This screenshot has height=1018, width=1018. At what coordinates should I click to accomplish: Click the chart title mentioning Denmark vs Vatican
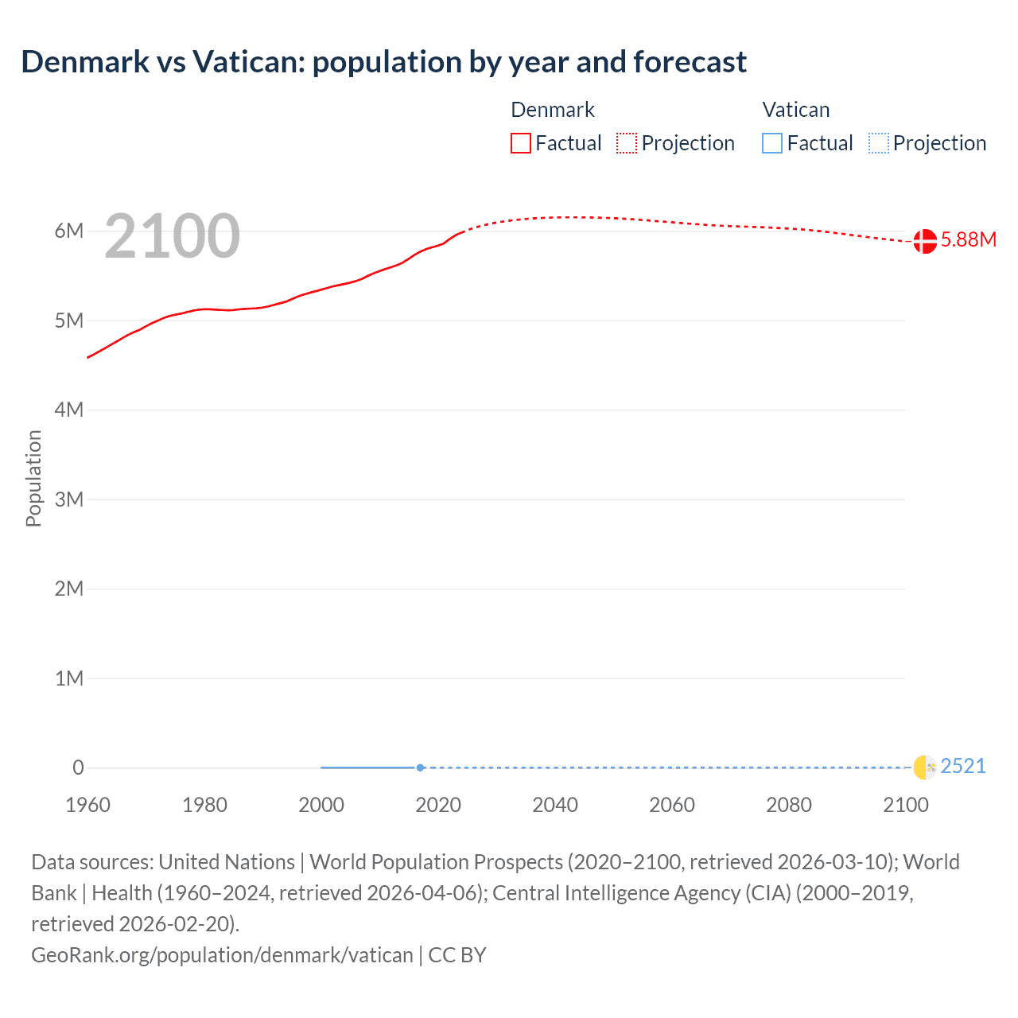click(383, 62)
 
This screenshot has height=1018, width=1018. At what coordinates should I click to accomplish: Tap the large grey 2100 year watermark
click(172, 236)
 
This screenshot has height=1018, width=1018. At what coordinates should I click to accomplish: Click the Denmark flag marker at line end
click(925, 240)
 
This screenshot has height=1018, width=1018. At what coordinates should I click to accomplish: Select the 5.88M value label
click(968, 240)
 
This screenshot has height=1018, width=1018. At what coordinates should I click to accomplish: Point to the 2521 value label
click(962, 767)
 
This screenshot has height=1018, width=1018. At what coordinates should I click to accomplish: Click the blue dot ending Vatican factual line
click(420, 767)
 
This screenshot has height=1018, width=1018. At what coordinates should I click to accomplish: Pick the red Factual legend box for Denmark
click(521, 143)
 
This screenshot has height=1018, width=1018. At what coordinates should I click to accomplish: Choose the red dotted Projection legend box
click(627, 143)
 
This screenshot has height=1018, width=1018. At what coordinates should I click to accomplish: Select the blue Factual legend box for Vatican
click(772, 143)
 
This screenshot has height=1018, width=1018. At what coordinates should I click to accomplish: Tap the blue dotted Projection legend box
click(879, 143)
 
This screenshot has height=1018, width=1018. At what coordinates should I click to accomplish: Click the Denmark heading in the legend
click(553, 110)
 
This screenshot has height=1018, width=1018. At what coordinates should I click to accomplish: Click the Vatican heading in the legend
click(796, 110)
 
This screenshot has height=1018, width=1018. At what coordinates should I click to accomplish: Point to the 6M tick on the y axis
click(69, 231)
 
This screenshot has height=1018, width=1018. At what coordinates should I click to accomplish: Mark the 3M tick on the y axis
click(69, 499)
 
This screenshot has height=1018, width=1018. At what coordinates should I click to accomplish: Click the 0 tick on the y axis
click(78, 767)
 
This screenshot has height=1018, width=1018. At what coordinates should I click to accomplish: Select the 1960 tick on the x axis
click(87, 805)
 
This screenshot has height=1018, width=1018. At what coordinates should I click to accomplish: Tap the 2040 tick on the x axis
click(555, 805)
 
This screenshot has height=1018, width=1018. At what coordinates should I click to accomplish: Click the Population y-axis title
click(33, 478)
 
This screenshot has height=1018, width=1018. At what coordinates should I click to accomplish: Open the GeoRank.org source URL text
click(222, 955)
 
